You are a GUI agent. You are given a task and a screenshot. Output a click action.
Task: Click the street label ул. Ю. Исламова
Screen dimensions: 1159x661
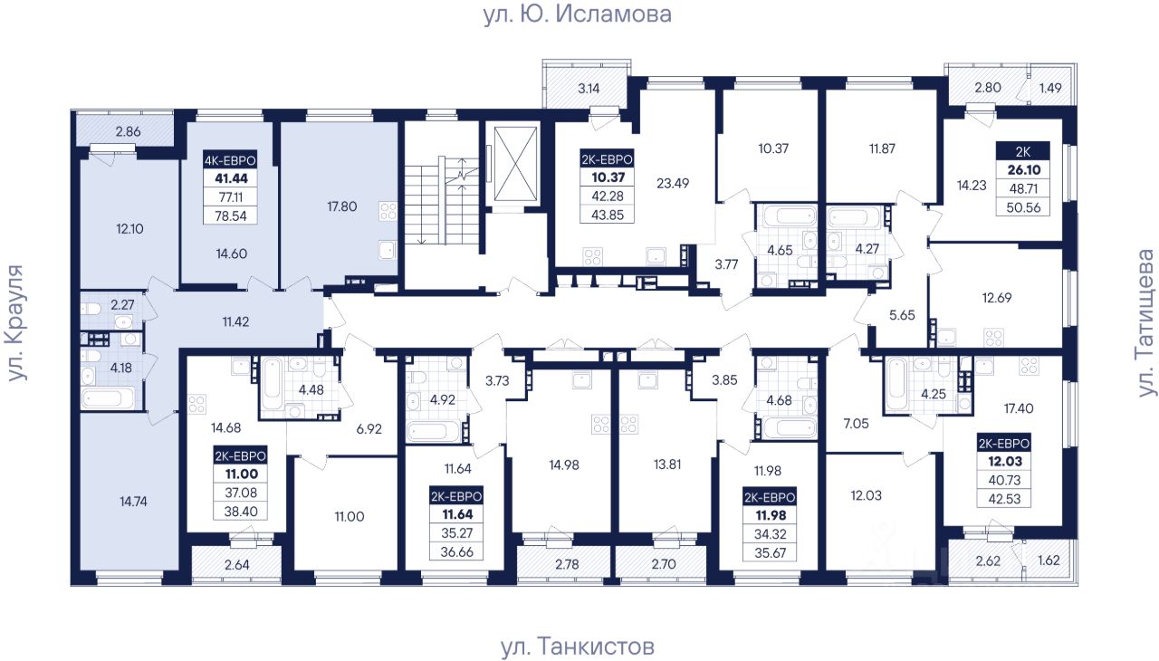coord(578,14)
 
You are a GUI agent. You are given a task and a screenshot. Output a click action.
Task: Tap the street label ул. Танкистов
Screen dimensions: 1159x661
coord(578,646)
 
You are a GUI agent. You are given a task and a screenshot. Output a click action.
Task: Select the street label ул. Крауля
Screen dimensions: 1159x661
coord(16,322)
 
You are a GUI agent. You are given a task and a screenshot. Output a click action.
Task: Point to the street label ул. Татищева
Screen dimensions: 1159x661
coord(1146,323)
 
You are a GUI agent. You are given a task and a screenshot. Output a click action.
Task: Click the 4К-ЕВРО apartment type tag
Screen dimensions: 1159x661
coord(230,160)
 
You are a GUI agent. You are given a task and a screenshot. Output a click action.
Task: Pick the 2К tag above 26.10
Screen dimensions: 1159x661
coord(1023,151)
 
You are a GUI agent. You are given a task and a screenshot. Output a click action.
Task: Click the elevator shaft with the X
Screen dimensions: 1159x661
coord(516,164)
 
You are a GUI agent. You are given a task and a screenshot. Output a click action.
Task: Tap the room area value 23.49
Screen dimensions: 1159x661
coord(673,183)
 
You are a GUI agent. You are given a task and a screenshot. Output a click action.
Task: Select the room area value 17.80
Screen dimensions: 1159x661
coord(342,206)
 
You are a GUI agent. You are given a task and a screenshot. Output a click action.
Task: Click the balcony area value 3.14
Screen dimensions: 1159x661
coord(589,89)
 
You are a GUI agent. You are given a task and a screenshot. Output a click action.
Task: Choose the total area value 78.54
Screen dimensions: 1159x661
coord(231,216)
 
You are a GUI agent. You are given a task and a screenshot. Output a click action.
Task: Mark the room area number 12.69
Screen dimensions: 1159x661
coord(997,298)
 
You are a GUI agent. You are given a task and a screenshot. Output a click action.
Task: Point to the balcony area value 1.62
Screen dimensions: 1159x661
coord(1049,560)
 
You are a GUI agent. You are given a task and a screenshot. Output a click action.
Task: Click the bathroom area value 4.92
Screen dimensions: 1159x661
coord(443,400)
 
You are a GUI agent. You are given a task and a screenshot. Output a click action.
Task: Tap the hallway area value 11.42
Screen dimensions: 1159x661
coord(236,321)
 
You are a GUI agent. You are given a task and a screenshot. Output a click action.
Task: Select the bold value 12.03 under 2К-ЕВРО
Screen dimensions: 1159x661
coord(1004,462)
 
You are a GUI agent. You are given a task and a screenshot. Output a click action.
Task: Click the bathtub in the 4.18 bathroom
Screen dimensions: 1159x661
coord(108,398)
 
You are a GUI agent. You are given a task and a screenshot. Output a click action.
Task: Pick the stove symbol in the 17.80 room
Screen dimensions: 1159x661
coord(388,211)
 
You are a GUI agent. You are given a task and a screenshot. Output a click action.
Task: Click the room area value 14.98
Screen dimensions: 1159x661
coord(564,465)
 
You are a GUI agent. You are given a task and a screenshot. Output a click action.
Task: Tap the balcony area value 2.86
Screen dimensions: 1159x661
coord(129,131)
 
